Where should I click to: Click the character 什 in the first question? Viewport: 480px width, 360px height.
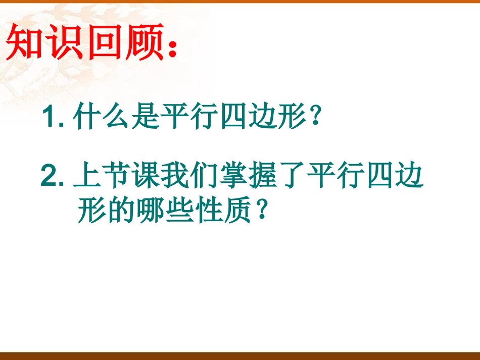tap(85, 119)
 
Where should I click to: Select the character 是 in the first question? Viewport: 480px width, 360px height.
tap(143, 119)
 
